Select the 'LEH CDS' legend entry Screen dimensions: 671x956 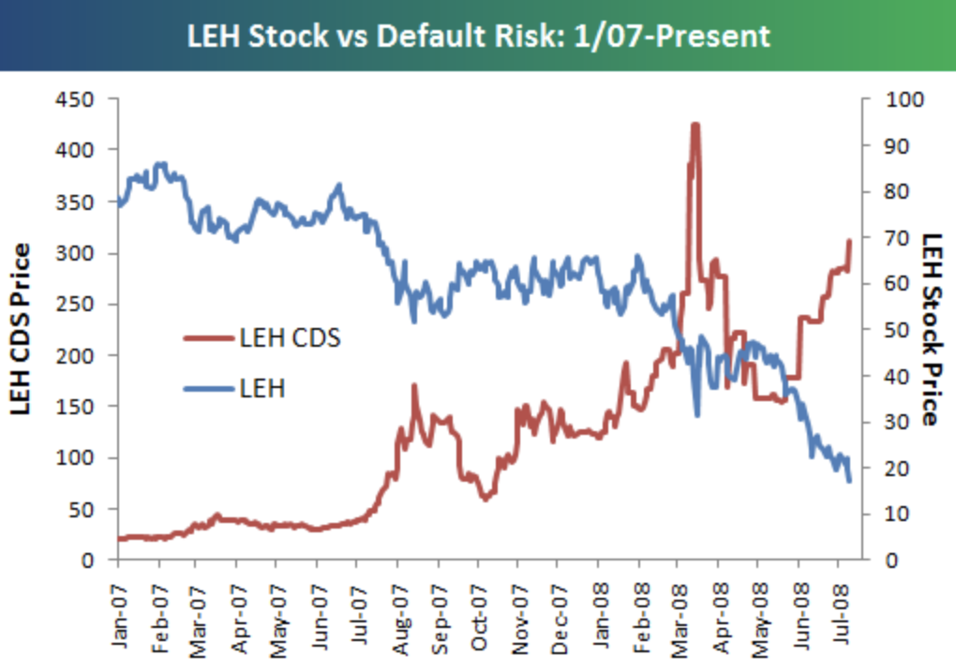[289, 338]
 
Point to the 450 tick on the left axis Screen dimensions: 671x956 [78, 98]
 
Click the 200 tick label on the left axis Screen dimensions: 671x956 [78, 355]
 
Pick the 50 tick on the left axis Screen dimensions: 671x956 [83, 509]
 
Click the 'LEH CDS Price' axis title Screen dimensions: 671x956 [21, 330]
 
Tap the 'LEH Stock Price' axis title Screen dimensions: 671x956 [930, 330]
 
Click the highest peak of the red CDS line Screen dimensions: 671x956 [695, 124]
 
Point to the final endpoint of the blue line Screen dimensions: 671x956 [849, 481]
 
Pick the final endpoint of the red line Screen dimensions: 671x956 [849, 241]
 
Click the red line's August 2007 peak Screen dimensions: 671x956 [413, 385]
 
